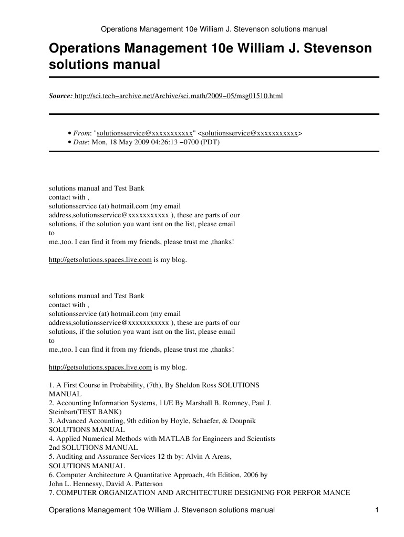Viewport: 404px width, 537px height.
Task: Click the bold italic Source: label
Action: tap(60, 96)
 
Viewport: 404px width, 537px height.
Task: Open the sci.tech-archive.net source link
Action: tap(179, 96)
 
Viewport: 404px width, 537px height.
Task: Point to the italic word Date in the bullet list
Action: tap(80, 142)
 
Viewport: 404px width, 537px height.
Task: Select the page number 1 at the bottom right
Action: tap(377, 510)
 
